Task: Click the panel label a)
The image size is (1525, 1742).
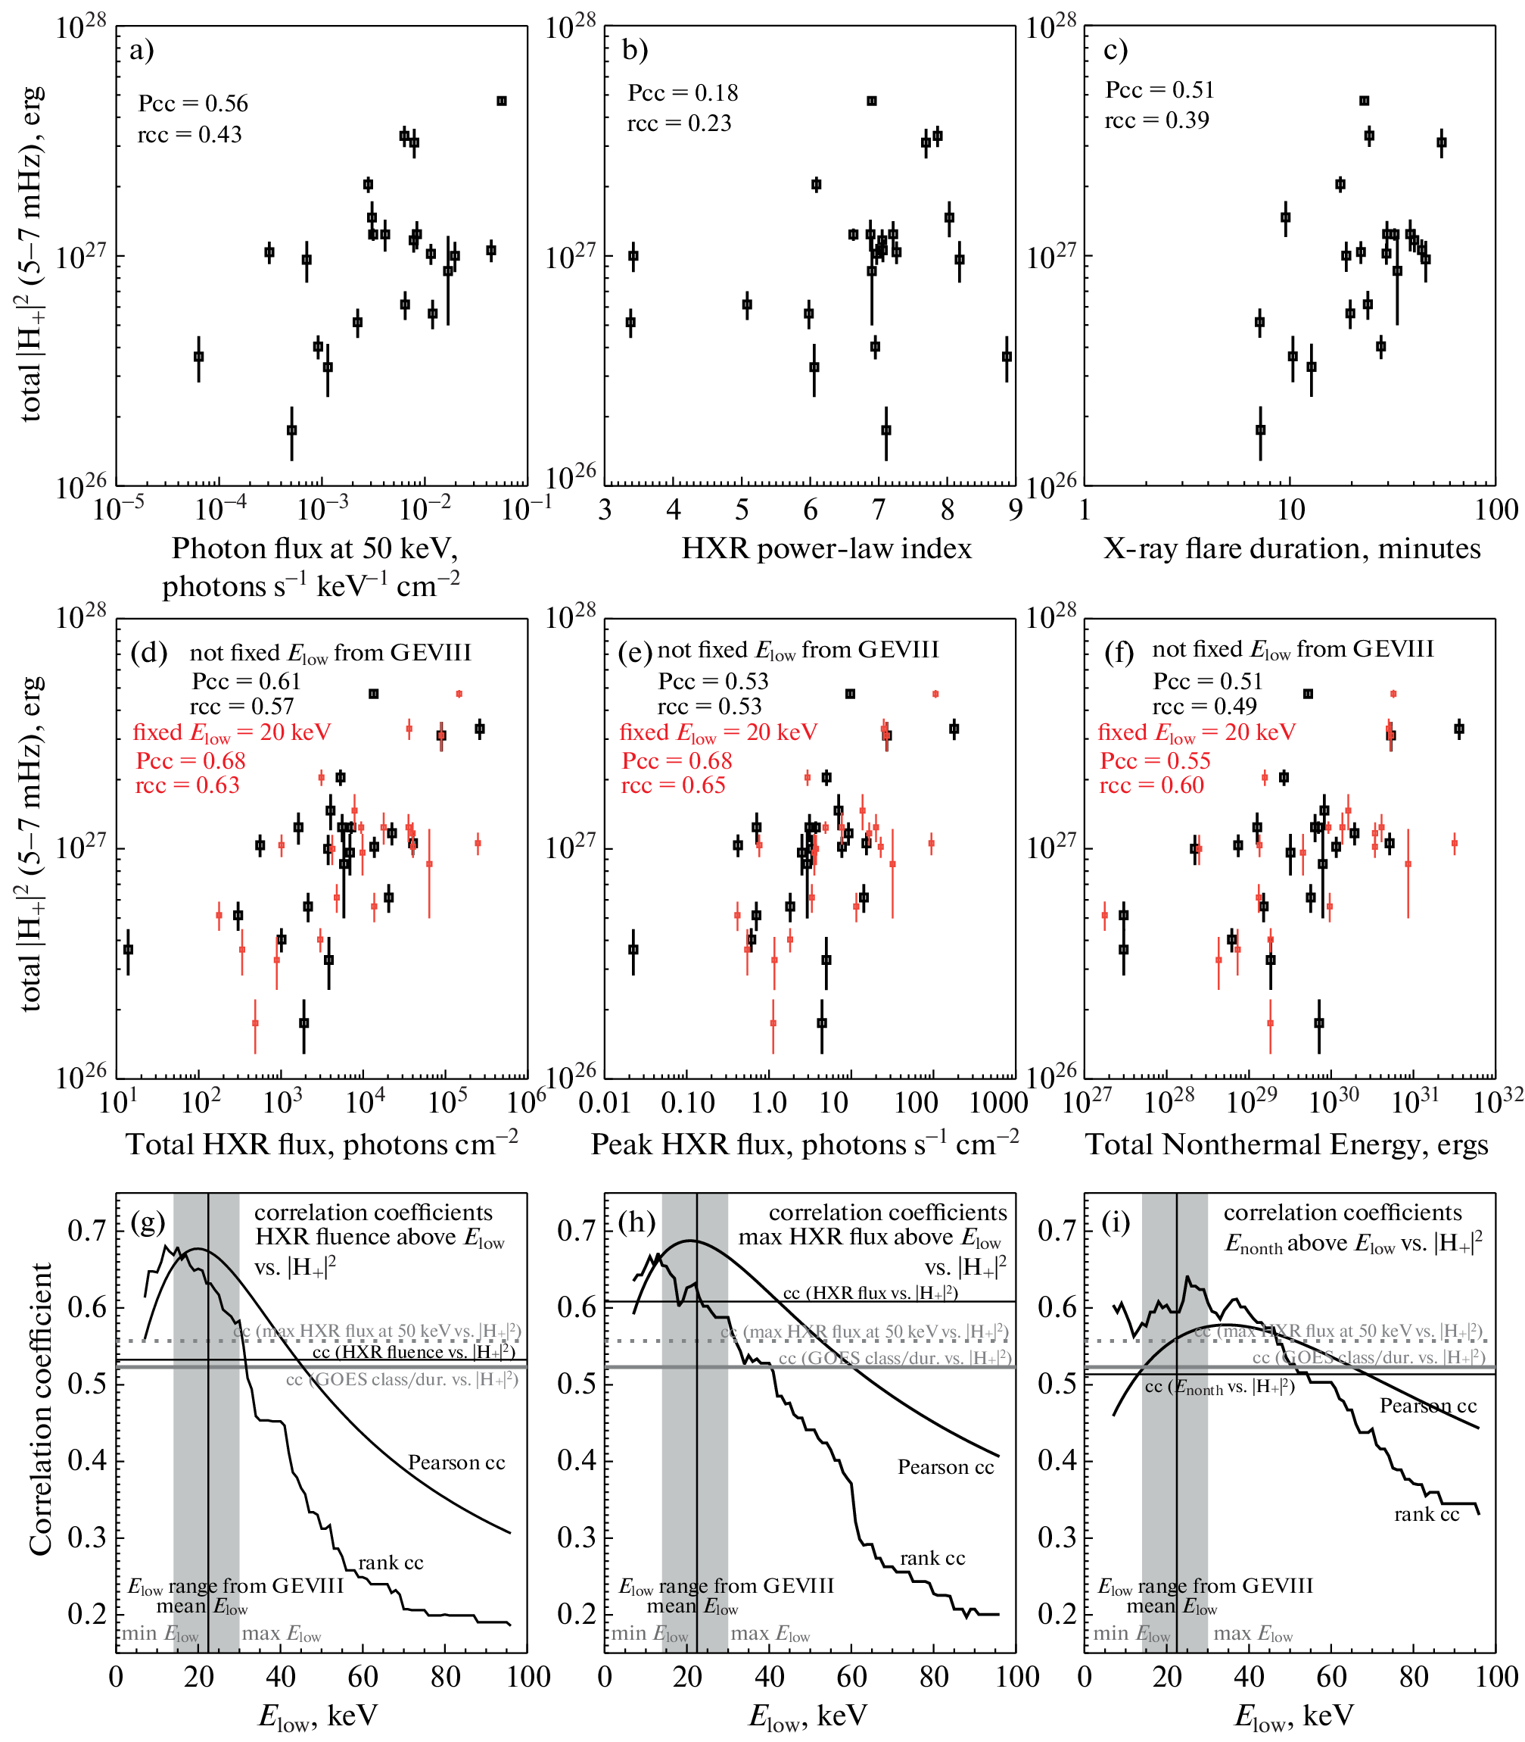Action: click(x=142, y=50)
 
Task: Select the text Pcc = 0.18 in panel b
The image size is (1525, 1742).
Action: click(x=683, y=93)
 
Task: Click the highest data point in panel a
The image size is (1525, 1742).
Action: click(x=501, y=101)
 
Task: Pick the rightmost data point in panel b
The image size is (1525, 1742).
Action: click(x=1007, y=357)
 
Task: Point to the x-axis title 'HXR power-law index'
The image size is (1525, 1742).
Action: click(x=826, y=548)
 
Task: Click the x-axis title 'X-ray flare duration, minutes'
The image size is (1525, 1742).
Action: click(x=1292, y=548)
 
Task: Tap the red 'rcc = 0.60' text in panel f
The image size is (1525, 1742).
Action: click(x=1151, y=785)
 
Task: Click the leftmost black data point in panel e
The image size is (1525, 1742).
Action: click(x=632, y=949)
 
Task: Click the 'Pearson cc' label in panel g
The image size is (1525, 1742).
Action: click(x=456, y=1463)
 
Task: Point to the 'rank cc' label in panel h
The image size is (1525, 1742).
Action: click(x=932, y=1558)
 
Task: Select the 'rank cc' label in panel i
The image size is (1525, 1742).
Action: click(x=1427, y=1514)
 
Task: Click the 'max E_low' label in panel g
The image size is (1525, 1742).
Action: click(x=281, y=1634)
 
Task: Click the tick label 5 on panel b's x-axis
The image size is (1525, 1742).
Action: click(x=742, y=510)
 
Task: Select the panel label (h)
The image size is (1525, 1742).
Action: click(x=636, y=1222)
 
